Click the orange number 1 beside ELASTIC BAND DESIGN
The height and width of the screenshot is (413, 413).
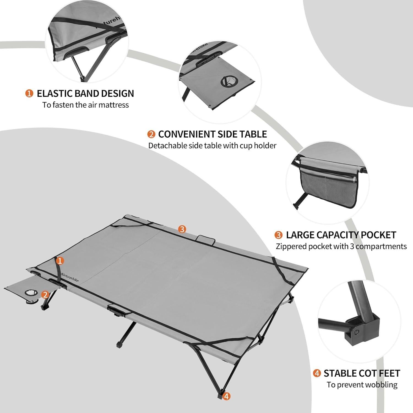click(29, 94)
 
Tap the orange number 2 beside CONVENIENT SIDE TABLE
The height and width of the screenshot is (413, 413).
click(151, 134)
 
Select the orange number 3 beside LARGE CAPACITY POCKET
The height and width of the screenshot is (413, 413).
click(279, 235)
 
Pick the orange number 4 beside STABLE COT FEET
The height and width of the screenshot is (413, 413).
click(317, 374)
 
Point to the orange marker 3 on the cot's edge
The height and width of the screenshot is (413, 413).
click(182, 229)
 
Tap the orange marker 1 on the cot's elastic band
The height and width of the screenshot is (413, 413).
click(59, 260)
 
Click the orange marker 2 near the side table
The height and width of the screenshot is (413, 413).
click(45, 295)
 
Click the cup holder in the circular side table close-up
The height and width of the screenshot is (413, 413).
click(227, 81)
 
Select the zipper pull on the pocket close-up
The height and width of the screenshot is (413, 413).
click(355, 180)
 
